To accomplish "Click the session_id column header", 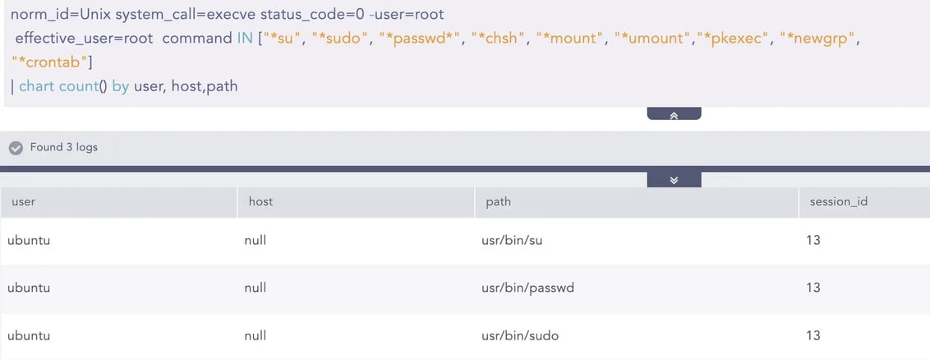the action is pos(839,201).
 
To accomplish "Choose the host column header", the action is pos(261,201).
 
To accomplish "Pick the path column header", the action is pos(498,201).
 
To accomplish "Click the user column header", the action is pos(24,201).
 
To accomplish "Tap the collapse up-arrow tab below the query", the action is pos(674,114).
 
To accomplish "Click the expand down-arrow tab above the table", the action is pos(674,180).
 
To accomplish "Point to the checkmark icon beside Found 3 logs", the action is pos(16,148).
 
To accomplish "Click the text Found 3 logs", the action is pos(64,147).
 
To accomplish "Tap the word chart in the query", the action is pos(37,86).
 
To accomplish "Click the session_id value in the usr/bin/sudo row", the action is pos(813,335).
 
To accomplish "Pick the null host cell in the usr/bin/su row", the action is pos(255,241).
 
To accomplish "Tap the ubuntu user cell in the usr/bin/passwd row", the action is pos(29,288).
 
